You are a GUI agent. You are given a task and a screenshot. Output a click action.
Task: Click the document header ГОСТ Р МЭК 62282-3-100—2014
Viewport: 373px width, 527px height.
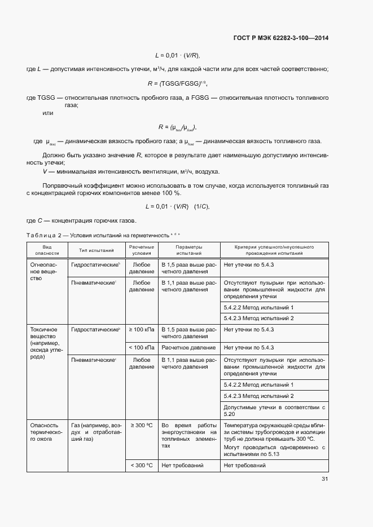click(280, 38)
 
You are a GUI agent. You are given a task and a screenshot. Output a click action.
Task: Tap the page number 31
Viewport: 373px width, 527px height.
click(324, 479)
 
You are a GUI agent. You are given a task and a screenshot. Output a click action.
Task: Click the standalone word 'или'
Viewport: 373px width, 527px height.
click(48, 113)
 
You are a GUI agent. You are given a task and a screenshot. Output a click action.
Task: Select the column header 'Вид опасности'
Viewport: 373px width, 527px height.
click(47, 250)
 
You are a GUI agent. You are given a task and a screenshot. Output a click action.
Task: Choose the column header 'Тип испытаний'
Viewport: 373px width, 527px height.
click(93, 250)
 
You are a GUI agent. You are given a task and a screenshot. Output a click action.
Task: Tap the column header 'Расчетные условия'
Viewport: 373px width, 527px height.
click(141, 250)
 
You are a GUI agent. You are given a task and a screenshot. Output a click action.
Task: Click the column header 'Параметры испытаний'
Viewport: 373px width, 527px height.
click(188, 250)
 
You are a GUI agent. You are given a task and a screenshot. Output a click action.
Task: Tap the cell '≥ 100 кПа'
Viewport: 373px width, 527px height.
click(141, 329)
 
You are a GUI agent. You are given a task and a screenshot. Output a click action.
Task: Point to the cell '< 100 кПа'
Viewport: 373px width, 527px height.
click(141, 347)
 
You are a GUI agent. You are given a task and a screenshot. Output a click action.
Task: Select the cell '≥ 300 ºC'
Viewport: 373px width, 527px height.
click(141, 425)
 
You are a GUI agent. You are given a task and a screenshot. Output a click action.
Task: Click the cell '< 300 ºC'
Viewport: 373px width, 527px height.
click(141, 465)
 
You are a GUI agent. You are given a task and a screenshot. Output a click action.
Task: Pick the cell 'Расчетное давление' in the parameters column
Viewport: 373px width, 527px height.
click(188, 347)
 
